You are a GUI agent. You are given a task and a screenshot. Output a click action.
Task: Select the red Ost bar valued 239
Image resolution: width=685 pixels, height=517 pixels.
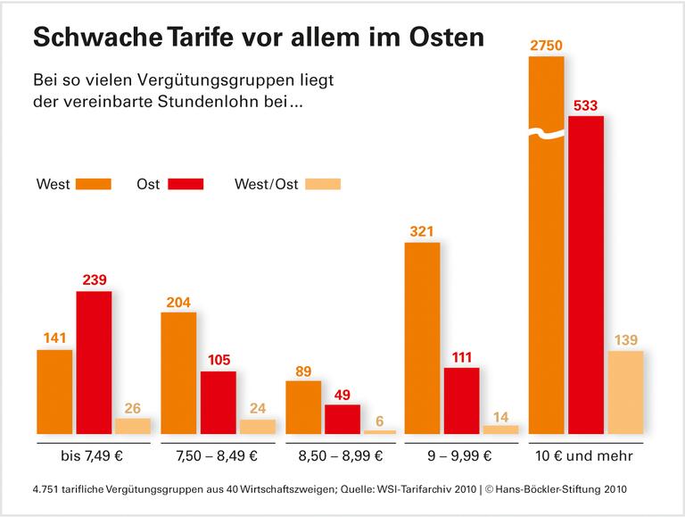tap(94, 363)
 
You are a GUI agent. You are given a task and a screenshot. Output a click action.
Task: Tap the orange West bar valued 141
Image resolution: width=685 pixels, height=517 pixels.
tap(54, 391)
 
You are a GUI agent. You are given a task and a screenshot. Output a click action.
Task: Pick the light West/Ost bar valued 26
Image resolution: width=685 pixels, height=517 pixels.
tap(133, 425)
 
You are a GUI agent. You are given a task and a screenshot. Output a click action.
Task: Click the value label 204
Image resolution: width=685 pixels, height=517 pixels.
tap(178, 303)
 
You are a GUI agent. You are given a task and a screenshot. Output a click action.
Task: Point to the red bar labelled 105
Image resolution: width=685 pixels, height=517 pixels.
tap(218, 402)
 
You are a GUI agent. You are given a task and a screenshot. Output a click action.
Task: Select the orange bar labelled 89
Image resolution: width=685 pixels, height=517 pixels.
tap(303, 407)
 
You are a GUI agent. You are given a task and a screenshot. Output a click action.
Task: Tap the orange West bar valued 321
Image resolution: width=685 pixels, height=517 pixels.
tap(422, 338)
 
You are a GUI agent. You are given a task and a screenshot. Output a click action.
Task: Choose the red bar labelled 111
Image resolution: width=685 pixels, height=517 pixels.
tap(461, 400)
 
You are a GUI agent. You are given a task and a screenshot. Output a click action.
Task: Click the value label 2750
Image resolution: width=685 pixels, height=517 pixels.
tap(546, 45)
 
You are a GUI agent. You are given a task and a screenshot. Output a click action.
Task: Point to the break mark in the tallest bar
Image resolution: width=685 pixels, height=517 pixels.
tap(546, 135)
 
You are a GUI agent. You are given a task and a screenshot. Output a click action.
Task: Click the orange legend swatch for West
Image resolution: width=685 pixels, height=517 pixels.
tap(94, 184)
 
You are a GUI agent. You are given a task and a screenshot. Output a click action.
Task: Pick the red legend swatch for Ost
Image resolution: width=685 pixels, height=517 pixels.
tap(185, 184)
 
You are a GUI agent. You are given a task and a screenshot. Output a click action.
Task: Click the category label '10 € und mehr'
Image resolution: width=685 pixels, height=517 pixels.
tap(586, 456)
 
